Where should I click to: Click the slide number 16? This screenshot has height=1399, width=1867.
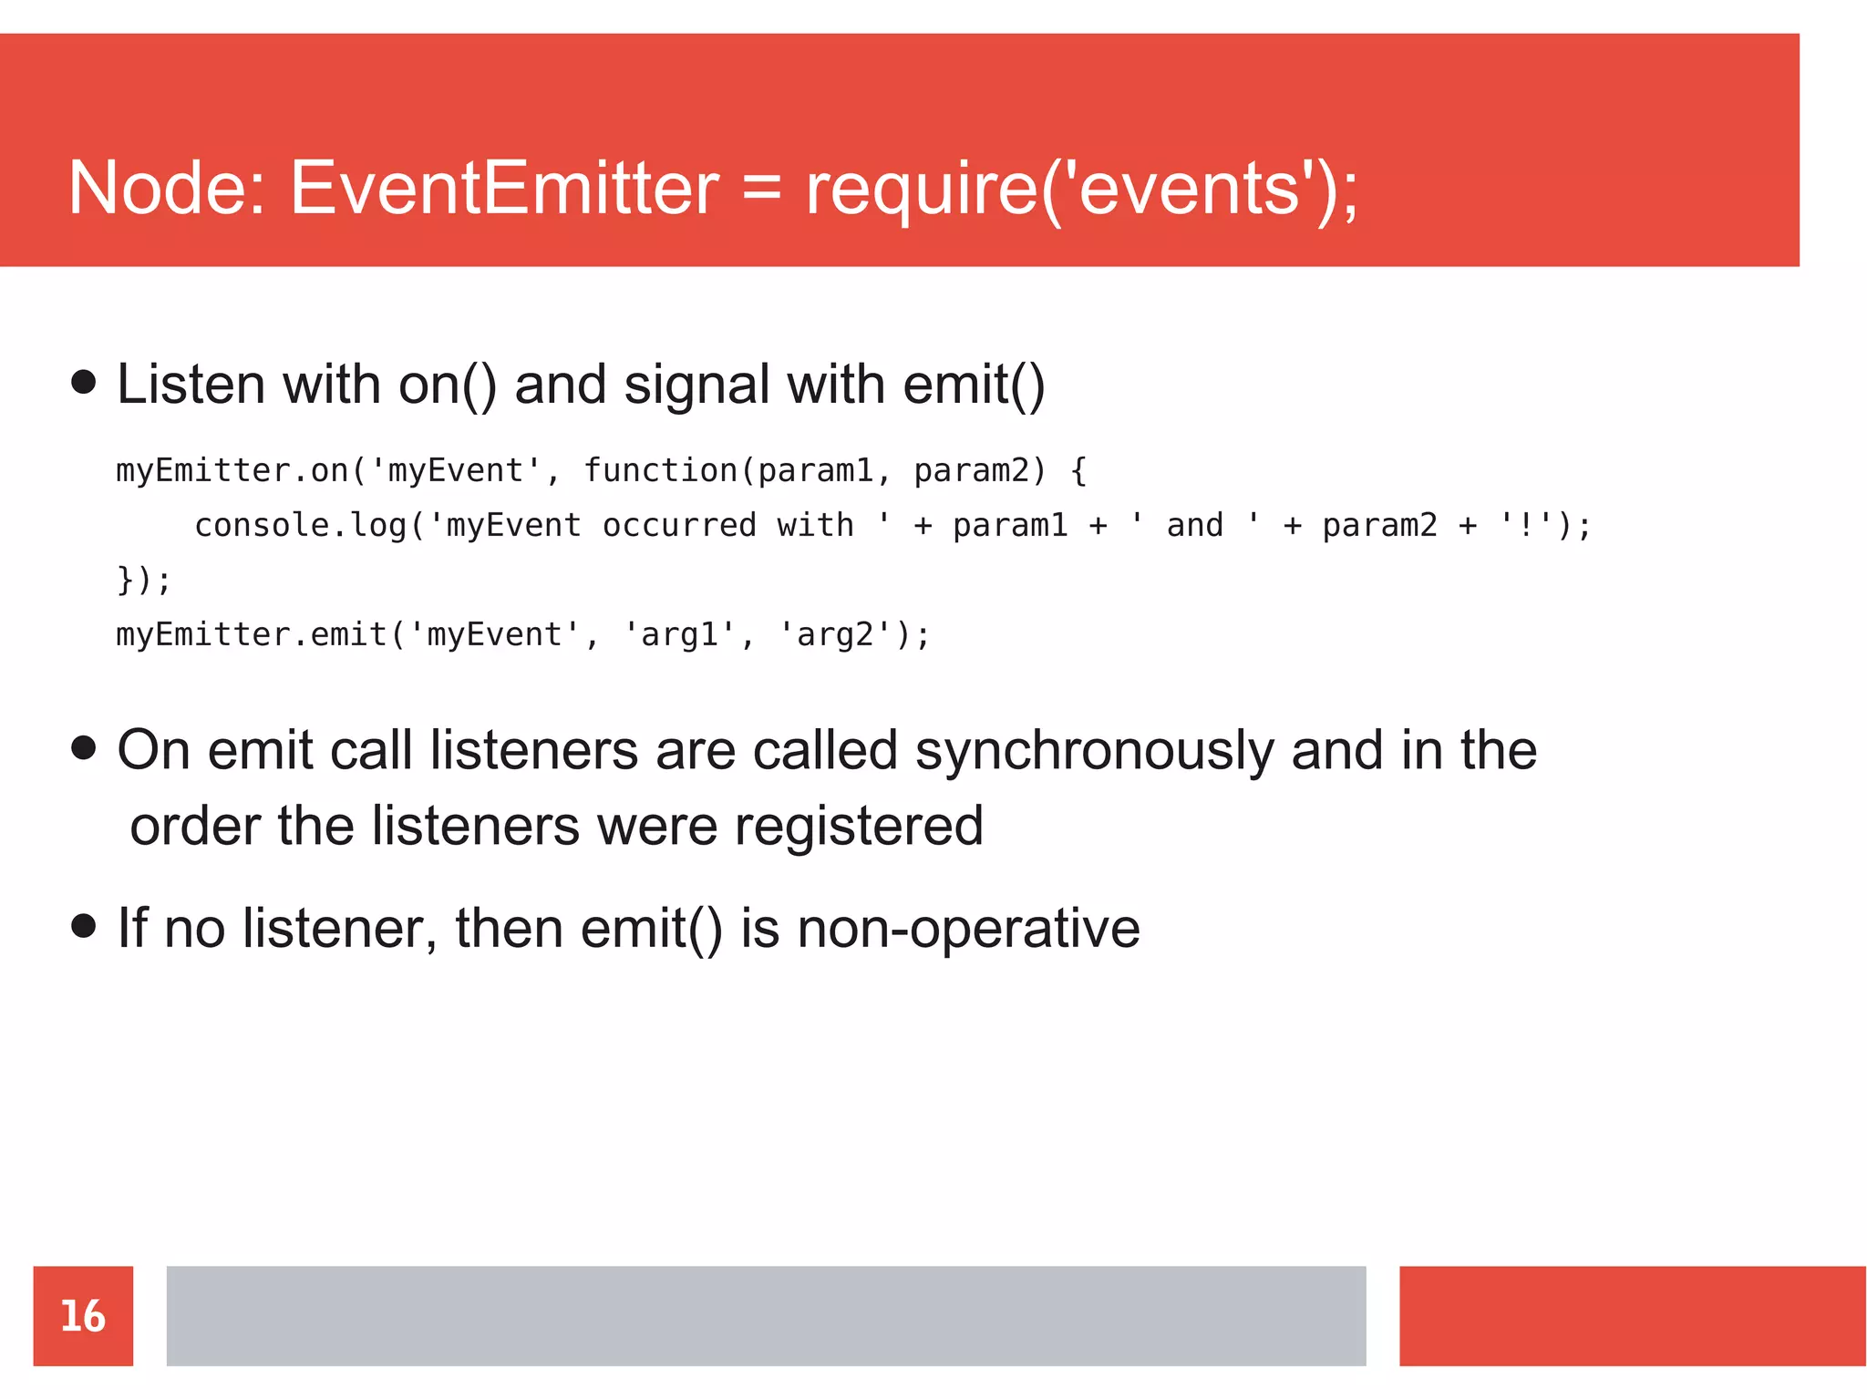pyautogui.click(x=83, y=1316)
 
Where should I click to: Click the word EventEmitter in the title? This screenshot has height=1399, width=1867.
pyautogui.click(x=504, y=188)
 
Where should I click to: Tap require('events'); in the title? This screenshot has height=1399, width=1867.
pyautogui.click(x=1081, y=190)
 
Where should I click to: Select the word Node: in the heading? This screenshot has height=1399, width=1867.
pyautogui.click(x=167, y=188)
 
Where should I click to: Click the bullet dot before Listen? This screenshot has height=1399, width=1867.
pyautogui.click(x=83, y=382)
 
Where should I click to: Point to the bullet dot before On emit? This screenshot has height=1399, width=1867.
pyautogui.click(x=83, y=748)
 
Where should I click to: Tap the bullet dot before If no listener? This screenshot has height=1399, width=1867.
pyautogui.click(x=83, y=927)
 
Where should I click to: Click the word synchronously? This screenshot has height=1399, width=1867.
pyautogui.click(x=1093, y=753)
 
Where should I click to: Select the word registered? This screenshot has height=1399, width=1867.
pyautogui.click(x=859, y=828)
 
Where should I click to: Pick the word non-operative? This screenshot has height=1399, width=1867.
pyautogui.click(x=968, y=930)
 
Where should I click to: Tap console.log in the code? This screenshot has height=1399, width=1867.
pyautogui.click(x=300, y=526)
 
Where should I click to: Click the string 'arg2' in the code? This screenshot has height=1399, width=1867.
pyautogui.click(x=834, y=634)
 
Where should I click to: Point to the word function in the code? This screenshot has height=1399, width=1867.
pyautogui.click(x=660, y=470)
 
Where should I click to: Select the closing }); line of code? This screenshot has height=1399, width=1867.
pyautogui.click(x=143, y=580)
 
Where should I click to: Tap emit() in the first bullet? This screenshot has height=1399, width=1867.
pyautogui.click(x=974, y=385)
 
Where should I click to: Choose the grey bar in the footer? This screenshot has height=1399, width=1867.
pyautogui.click(x=766, y=1315)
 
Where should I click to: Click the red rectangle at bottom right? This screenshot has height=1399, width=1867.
pyautogui.click(x=1632, y=1315)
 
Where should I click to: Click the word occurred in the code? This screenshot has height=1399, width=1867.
pyautogui.click(x=679, y=526)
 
